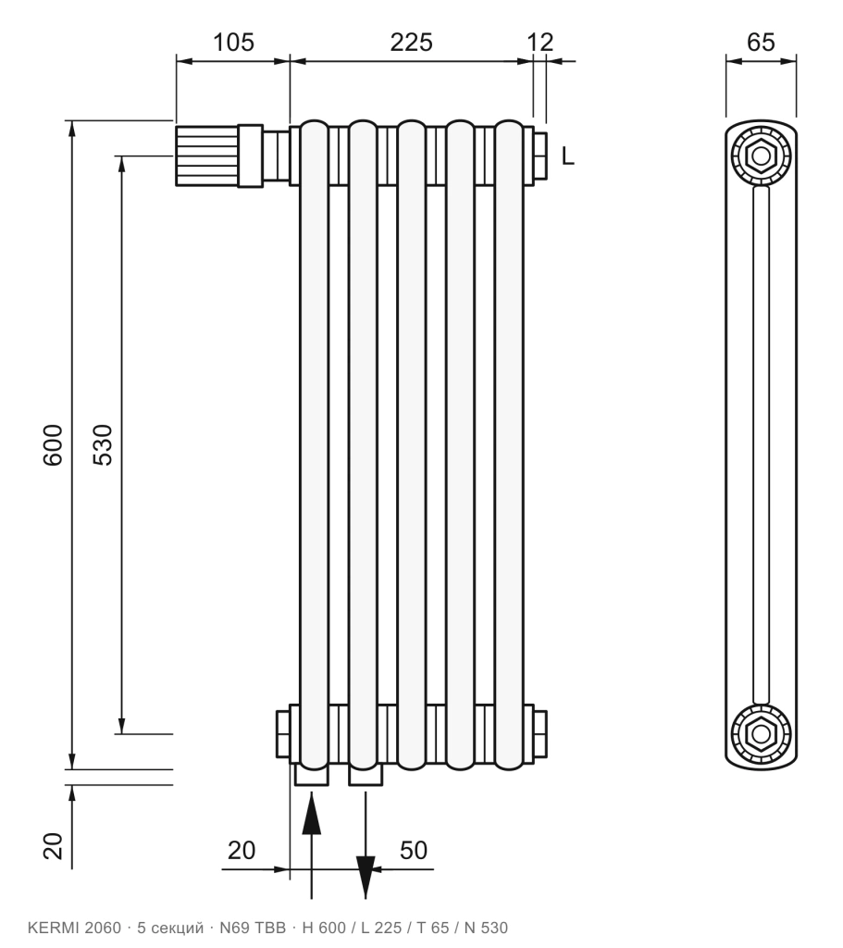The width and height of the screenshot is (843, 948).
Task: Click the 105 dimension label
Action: coord(233,43)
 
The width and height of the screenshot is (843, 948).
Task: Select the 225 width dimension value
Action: coord(412,43)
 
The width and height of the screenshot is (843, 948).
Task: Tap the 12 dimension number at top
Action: coord(539,43)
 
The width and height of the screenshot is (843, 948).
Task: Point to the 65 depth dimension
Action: coord(761,43)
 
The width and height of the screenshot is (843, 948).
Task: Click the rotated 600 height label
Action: coord(53,444)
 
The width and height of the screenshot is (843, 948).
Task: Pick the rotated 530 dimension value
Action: coord(103,444)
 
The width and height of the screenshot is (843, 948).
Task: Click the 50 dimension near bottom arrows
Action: coord(414,850)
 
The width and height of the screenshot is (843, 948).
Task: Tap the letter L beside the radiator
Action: coord(567,156)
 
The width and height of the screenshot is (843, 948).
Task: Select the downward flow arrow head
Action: coord(366,878)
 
